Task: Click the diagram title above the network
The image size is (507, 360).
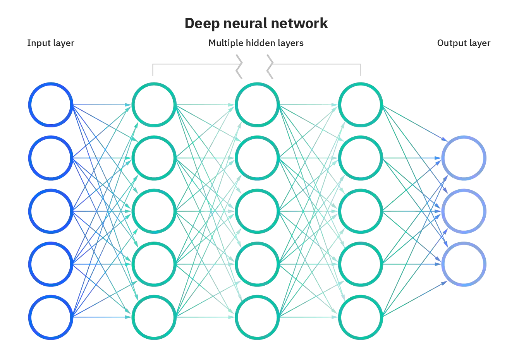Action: click(x=256, y=24)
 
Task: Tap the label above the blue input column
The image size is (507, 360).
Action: click(x=49, y=42)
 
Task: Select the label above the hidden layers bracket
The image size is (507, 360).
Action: click(x=256, y=42)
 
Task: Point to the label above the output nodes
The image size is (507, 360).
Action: click(x=463, y=42)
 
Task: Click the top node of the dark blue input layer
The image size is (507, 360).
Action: click(x=51, y=105)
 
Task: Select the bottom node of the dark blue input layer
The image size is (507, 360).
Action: click(x=51, y=317)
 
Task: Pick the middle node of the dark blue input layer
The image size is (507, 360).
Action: click(x=51, y=211)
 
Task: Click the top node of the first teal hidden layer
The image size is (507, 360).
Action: click(x=154, y=104)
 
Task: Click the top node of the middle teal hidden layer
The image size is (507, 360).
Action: click(x=258, y=104)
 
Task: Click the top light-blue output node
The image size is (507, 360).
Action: click(x=464, y=158)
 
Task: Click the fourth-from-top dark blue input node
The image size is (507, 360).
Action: click(x=51, y=264)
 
